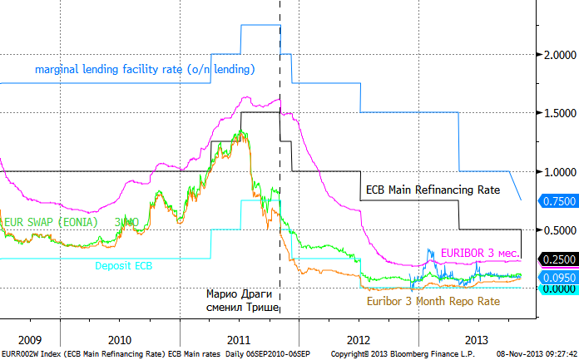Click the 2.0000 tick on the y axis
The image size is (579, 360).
click(x=557, y=55)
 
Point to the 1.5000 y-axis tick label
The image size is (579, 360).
click(x=557, y=113)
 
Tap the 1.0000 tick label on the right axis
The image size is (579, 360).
click(x=557, y=171)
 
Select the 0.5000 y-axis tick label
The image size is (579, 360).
click(x=557, y=229)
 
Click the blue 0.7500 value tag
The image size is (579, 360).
click(x=557, y=201)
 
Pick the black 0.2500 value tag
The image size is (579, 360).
click(x=557, y=259)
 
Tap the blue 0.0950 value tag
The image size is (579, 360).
click(x=557, y=278)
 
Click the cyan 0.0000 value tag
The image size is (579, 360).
click(x=557, y=288)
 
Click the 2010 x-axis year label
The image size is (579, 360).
click(x=120, y=339)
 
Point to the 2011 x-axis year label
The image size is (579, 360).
click(x=239, y=339)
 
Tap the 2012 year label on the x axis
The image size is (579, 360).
click(x=359, y=339)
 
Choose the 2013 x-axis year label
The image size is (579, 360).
click(x=477, y=339)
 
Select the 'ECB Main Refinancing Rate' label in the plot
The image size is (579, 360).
click(x=433, y=190)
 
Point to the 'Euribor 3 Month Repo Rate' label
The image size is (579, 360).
click(x=433, y=301)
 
